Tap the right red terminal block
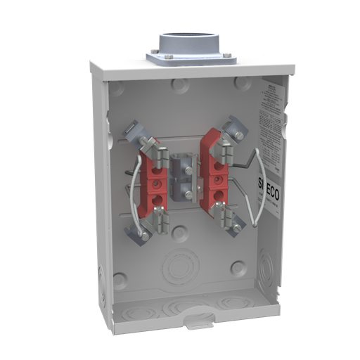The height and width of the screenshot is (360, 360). [x=212, y=172]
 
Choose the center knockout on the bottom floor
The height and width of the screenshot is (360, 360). [x=179, y=307]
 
